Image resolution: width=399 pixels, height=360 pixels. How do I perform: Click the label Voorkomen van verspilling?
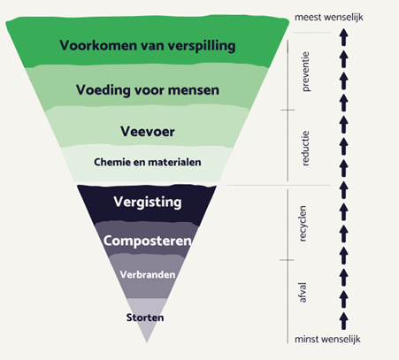click(x=148, y=46)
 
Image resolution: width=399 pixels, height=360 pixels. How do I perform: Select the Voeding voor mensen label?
click(x=148, y=90)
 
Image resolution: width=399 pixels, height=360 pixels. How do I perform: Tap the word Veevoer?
click(x=148, y=132)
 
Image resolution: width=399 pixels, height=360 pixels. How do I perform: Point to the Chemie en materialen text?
click(x=148, y=162)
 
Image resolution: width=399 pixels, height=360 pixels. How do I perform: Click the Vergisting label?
click(x=148, y=203)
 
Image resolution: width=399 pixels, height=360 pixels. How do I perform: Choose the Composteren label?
click(x=148, y=241)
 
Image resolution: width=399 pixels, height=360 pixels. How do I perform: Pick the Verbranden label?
click(x=148, y=275)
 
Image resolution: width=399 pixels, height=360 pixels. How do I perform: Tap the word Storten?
click(x=145, y=318)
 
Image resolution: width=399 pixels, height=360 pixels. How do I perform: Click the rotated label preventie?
click(x=305, y=72)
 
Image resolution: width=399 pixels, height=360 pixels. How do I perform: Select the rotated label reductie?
click(x=305, y=149)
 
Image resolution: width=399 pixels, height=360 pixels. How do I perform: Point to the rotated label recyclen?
click(x=303, y=224)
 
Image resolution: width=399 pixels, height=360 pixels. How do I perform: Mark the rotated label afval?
click(x=303, y=293)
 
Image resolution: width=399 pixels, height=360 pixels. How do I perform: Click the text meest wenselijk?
click(x=329, y=17)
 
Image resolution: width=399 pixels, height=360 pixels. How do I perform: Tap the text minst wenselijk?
click(x=327, y=339)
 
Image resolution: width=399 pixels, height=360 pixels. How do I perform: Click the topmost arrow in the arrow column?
click(x=343, y=37)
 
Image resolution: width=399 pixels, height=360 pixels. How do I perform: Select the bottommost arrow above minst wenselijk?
click(x=343, y=321)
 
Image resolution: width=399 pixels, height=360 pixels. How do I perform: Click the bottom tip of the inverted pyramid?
click(x=147, y=342)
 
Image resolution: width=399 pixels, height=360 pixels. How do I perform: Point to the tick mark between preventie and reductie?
click(x=288, y=110)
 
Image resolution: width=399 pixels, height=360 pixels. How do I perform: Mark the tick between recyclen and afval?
click(x=287, y=260)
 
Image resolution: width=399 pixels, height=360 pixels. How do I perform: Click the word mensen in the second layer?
click(x=194, y=90)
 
